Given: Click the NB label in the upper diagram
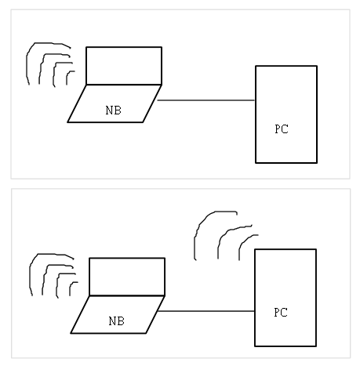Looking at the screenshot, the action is click(114, 110).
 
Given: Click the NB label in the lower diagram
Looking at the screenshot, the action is click(117, 321).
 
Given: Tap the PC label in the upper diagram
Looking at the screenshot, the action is click(282, 129).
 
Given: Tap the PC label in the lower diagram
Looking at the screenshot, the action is click(281, 313).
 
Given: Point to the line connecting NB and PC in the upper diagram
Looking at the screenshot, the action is click(206, 100).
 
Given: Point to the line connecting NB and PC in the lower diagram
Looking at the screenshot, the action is click(206, 311).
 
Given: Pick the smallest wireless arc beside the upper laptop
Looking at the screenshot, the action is click(67, 74).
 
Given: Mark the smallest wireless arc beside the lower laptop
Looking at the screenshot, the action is click(71, 285).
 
